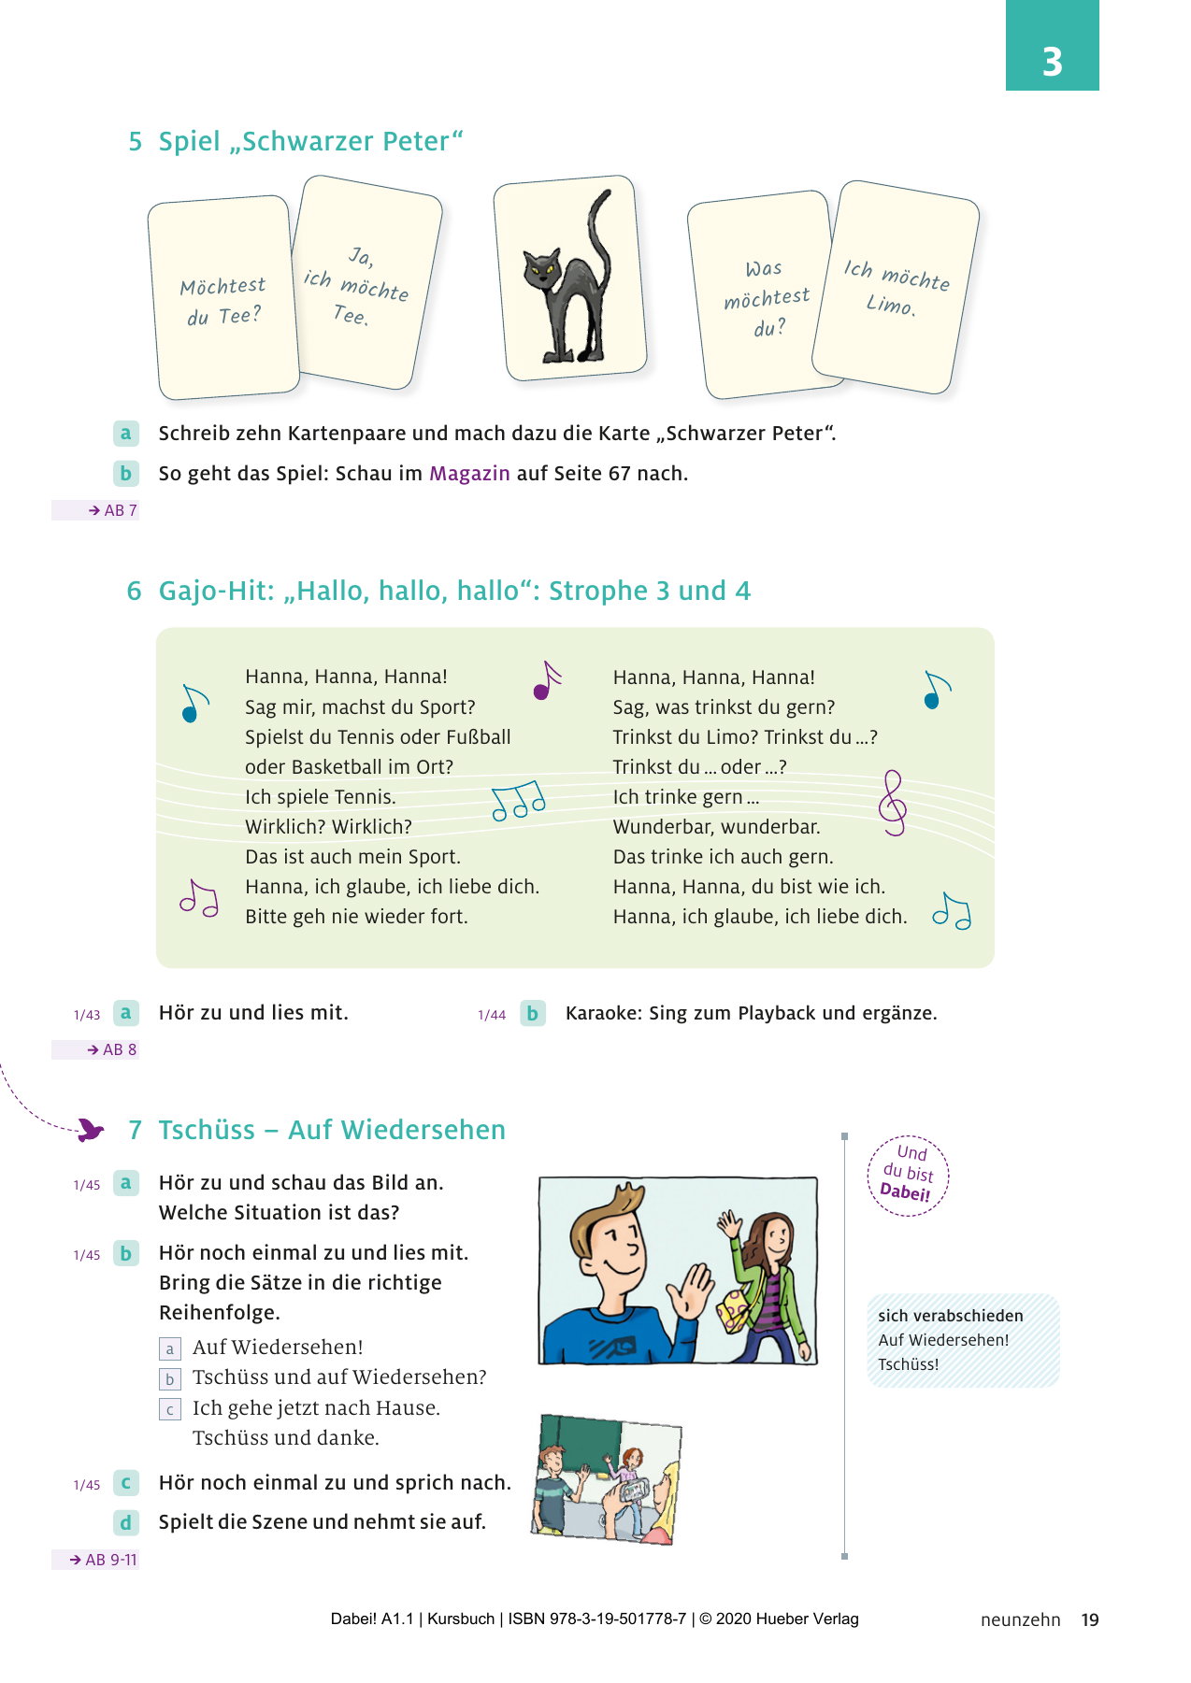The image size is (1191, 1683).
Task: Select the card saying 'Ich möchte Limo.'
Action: [896, 288]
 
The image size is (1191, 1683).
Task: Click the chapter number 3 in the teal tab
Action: [1052, 62]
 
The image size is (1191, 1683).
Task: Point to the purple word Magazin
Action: [469, 473]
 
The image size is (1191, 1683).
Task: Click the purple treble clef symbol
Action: [893, 803]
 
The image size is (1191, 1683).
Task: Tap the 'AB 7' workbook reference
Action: [112, 510]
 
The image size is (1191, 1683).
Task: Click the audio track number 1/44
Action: [492, 1015]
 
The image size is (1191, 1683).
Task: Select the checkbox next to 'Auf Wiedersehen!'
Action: [169, 1348]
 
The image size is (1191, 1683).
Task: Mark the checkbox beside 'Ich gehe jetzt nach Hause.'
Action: [169, 1409]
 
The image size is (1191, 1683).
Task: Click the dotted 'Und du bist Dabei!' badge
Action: [908, 1176]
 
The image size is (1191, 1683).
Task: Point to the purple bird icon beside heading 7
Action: [90, 1130]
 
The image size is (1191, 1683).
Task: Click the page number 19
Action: [1090, 1620]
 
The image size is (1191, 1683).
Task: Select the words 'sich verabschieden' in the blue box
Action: [951, 1316]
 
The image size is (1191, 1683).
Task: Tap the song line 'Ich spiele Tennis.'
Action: [321, 797]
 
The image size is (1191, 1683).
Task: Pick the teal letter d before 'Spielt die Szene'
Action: [125, 1523]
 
